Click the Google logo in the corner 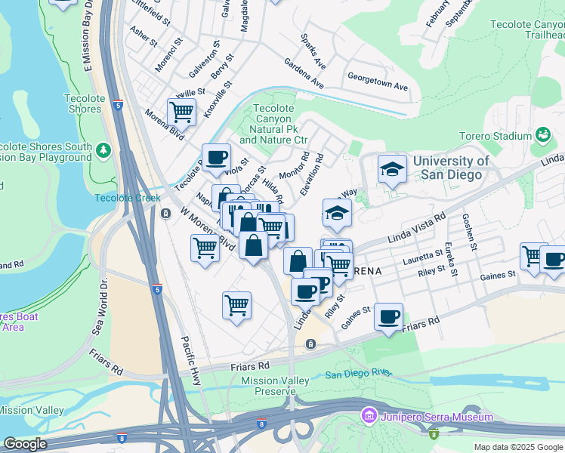point(25,444)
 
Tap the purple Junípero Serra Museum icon point(369,416)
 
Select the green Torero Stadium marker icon point(542,135)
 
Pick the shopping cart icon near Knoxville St point(181,112)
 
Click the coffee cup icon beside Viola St point(217,157)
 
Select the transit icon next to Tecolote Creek point(165,213)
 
